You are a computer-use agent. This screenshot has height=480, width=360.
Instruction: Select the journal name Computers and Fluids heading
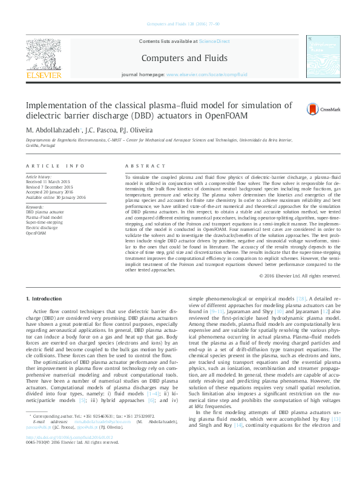pos(185,58)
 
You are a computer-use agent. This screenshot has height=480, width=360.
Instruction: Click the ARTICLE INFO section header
pos(55,166)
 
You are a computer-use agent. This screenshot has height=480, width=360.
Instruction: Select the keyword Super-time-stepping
pos(44,222)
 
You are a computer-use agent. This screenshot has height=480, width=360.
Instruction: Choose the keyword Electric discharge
pos(42,227)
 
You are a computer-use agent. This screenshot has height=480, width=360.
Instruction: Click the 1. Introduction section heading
pos(45,299)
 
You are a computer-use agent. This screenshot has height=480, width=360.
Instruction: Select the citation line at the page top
pos(180,25)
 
